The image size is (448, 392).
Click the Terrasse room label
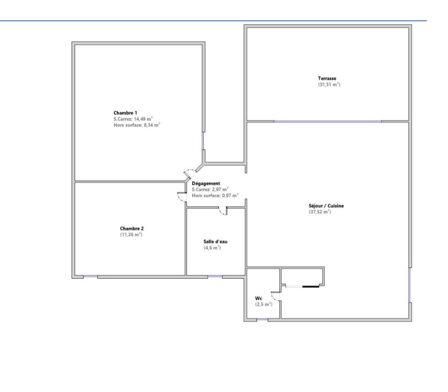[327, 78]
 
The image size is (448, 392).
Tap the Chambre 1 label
[125, 113]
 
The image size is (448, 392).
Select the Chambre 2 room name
[132, 229]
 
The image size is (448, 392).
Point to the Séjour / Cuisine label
[326, 206]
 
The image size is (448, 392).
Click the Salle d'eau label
[215, 242]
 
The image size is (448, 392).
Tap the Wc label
[258, 298]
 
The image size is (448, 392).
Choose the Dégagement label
[206, 184]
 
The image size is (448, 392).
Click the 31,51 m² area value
[329, 84]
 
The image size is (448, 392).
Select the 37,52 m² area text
[320, 212]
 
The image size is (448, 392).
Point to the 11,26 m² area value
[131, 235]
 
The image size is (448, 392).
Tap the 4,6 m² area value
[212, 248]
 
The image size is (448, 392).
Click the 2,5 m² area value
[263, 304]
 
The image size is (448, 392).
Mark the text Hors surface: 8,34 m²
[137, 125]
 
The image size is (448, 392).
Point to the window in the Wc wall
[262, 320]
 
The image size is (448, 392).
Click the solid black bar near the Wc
[311, 287]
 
